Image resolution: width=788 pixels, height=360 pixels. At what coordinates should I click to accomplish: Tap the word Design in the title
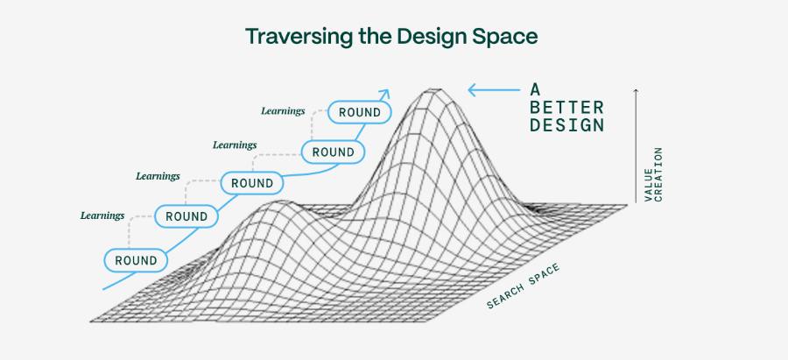click(x=430, y=37)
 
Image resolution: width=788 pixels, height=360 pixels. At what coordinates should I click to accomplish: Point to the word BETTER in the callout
click(x=566, y=107)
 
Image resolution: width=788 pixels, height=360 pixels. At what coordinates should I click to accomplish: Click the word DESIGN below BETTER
click(x=566, y=124)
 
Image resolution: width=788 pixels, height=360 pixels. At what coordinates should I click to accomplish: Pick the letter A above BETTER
click(x=535, y=89)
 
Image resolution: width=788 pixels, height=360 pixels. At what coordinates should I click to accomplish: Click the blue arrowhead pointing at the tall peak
click(x=473, y=90)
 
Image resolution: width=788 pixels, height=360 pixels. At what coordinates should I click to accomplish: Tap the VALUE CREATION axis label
click(x=653, y=174)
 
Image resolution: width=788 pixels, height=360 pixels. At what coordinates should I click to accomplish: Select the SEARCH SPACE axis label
click(x=523, y=286)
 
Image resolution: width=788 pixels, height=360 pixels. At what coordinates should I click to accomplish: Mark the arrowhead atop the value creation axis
click(x=636, y=91)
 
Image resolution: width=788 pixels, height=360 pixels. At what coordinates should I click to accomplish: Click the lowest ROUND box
click(x=136, y=260)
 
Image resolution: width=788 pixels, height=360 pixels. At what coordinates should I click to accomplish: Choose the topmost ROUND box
click(x=359, y=112)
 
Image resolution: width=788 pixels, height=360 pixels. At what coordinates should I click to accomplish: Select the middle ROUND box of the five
click(x=252, y=183)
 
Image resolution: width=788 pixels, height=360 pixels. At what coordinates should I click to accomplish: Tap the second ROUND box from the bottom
click(x=186, y=216)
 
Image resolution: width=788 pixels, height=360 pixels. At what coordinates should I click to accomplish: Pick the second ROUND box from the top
click(x=333, y=152)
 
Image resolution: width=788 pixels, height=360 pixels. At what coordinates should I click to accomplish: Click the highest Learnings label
click(x=283, y=111)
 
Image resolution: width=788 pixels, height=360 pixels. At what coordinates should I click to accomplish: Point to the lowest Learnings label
click(x=102, y=215)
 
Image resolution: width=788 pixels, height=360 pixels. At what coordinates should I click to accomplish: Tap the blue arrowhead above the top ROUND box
click(x=384, y=94)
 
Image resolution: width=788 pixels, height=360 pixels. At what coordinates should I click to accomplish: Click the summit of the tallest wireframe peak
click(x=431, y=89)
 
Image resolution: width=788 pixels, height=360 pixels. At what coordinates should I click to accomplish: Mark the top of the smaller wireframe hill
click(x=277, y=201)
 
